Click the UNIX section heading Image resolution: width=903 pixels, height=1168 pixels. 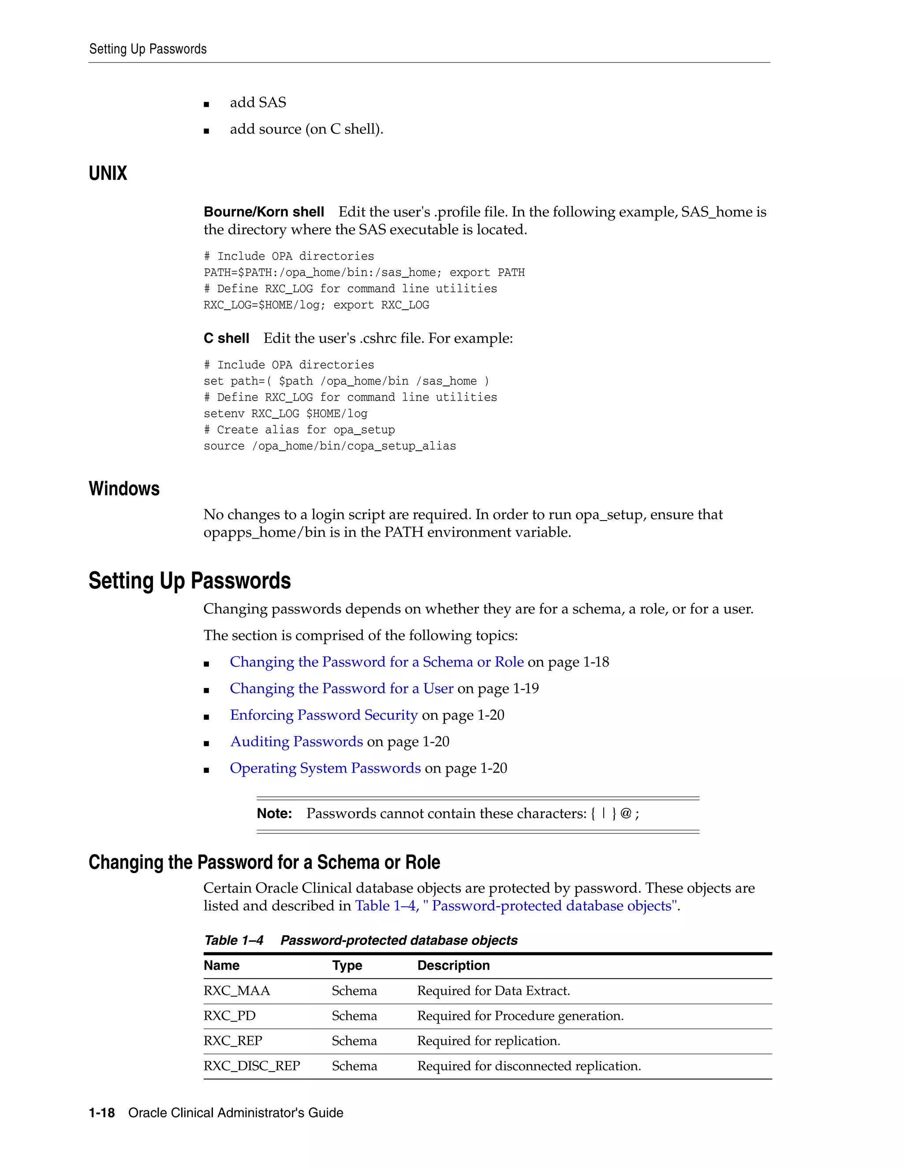[x=108, y=173]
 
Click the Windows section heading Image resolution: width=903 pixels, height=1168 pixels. [x=124, y=489]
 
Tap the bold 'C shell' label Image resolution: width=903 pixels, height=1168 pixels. [x=226, y=338]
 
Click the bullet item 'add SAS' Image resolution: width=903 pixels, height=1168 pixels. [x=258, y=103]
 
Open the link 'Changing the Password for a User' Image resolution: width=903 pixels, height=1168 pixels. [x=341, y=689]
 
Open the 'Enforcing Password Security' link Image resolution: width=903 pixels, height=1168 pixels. [x=324, y=715]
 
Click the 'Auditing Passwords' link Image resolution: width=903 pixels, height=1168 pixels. [x=296, y=742]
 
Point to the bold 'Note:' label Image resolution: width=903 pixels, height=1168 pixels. [x=274, y=814]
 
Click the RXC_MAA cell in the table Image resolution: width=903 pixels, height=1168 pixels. [x=236, y=991]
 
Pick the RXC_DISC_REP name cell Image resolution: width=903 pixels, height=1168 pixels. [x=251, y=1066]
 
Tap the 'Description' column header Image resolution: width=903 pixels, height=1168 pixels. [x=453, y=966]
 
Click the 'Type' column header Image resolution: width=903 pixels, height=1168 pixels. [x=347, y=966]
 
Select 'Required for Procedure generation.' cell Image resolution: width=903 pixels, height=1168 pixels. [x=520, y=1016]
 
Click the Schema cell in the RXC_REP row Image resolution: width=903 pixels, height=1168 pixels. [x=354, y=1041]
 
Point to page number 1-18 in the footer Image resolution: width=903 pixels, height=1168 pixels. [x=102, y=1113]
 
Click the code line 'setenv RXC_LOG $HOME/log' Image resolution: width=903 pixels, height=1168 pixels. [x=285, y=414]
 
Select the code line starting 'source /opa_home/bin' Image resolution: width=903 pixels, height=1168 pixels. [x=329, y=446]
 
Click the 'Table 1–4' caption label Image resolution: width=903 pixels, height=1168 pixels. [x=234, y=941]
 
